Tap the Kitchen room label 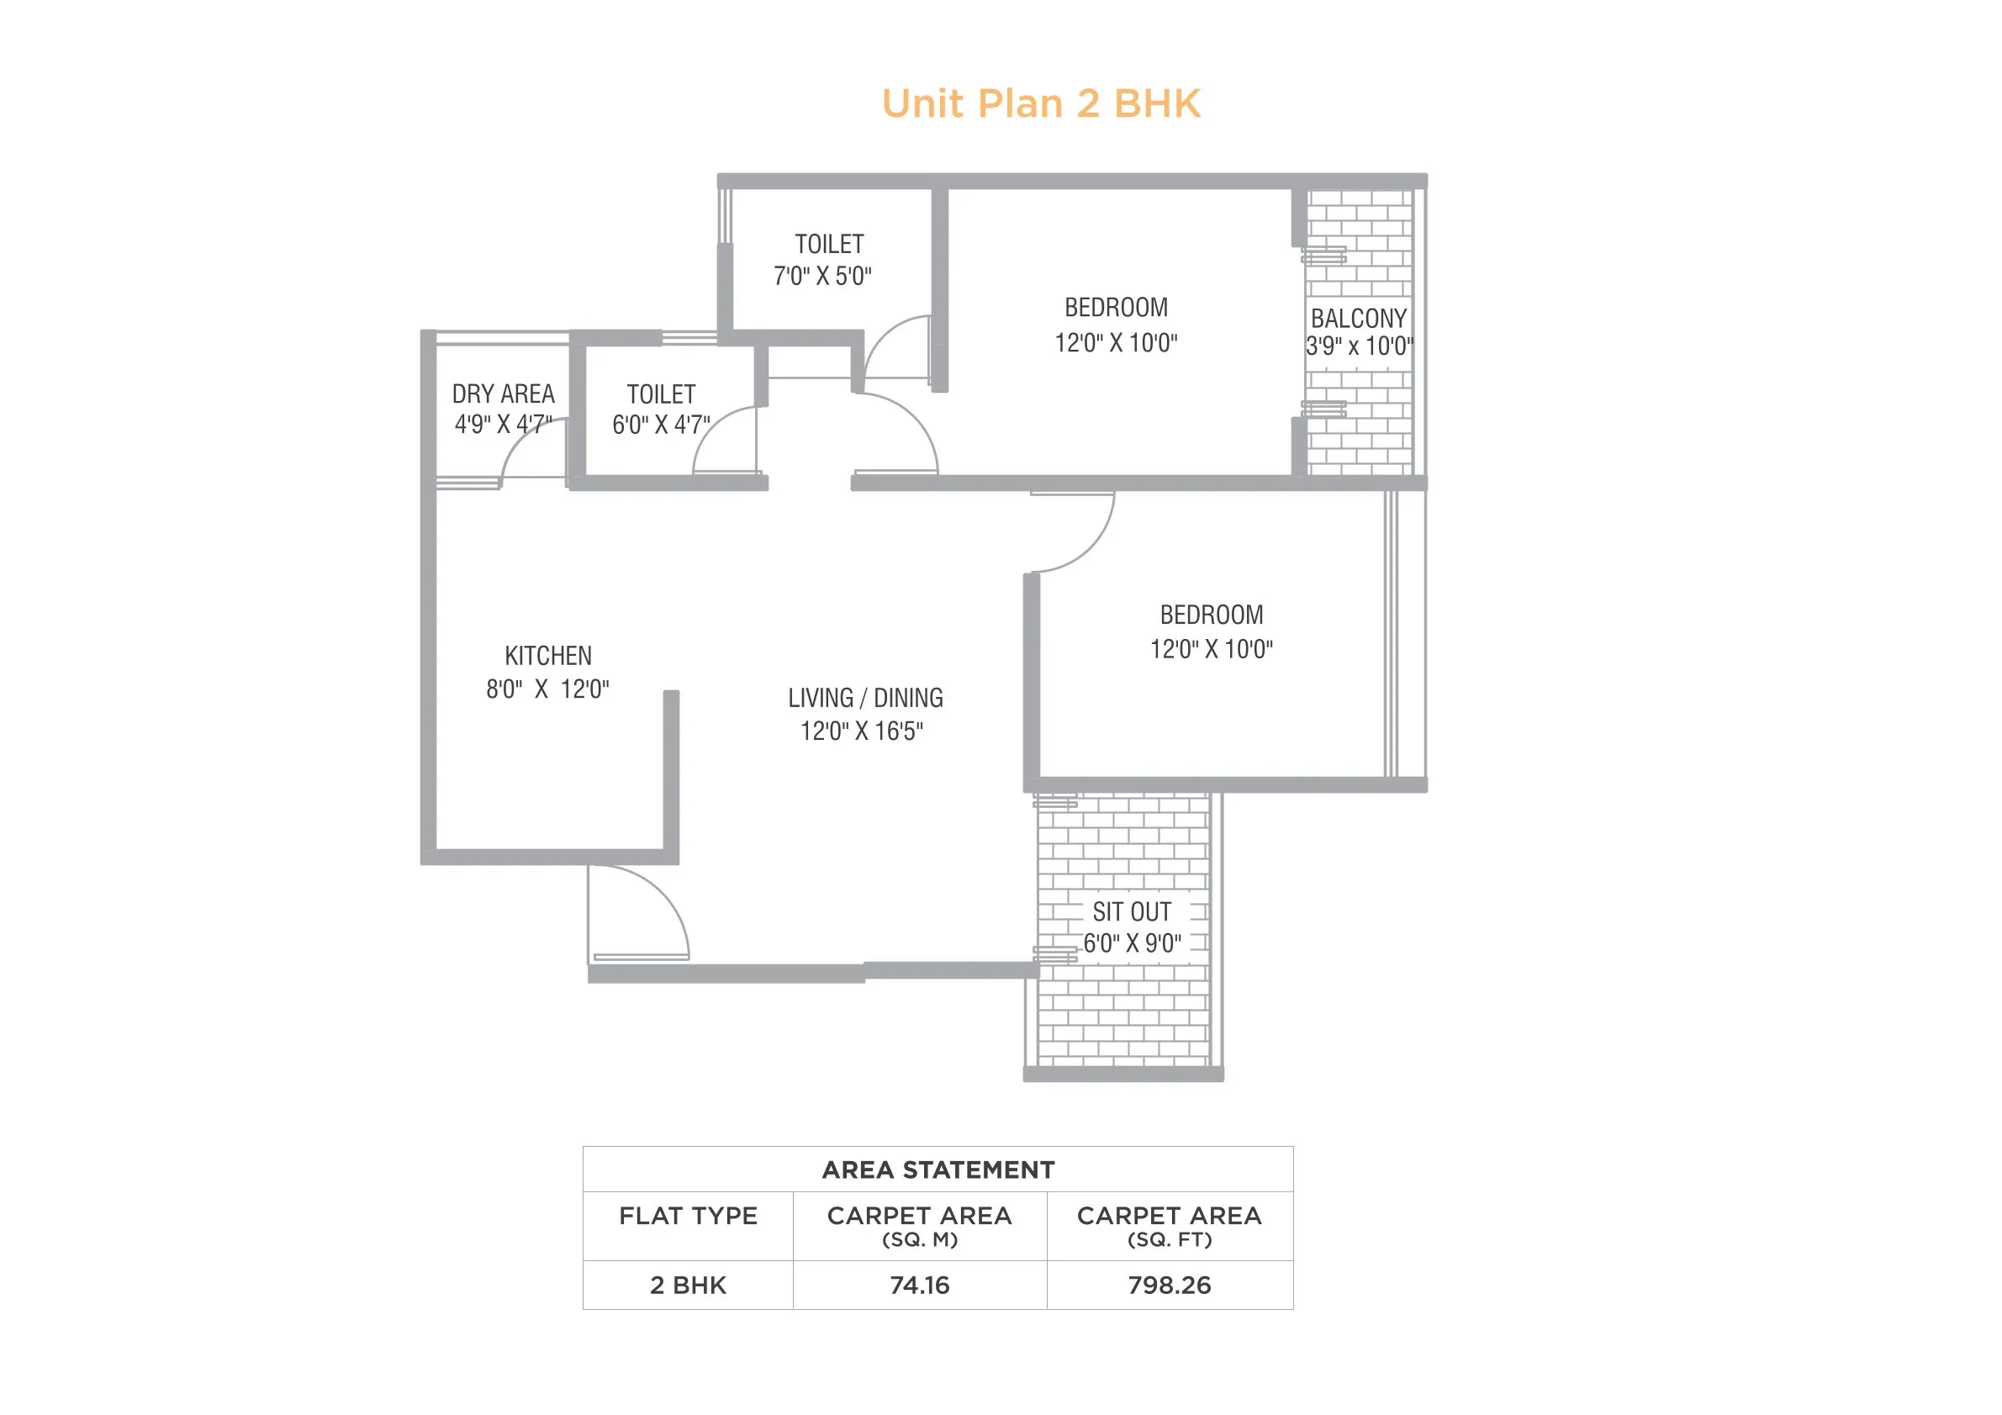click(547, 656)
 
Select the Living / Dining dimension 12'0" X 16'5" click(862, 731)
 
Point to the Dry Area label click(503, 394)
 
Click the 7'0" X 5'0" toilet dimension click(822, 277)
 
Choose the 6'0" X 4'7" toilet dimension click(661, 425)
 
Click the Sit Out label click(1131, 912)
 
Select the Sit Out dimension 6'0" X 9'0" click(1132, 943)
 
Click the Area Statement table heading click(938, 1170)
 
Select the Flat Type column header click(688, 1217)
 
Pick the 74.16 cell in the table click(919, 1285)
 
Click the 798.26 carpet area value click(1170, 1285)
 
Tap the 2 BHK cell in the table click(688, 1285)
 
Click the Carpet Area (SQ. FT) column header click(1170, 1225)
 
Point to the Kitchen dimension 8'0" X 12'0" click(547, 689)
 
